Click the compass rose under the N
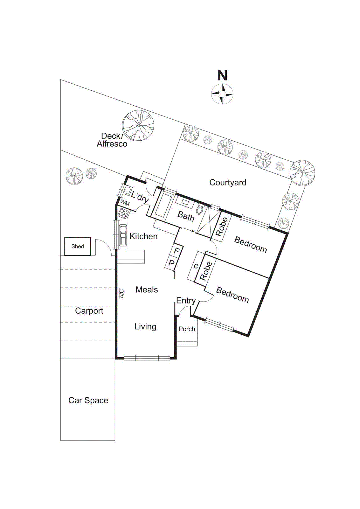222,94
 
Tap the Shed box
78,246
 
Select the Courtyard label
228,183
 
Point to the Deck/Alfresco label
112,140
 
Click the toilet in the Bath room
200,210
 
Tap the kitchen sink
123,235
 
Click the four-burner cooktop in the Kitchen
123,213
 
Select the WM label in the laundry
125,203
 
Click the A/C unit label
121,293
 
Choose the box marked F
177,251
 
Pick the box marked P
172,263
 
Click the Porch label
187,329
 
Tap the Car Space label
88,401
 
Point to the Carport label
89,311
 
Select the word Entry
186,301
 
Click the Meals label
147,290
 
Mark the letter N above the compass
222,75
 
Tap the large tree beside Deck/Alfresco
138,126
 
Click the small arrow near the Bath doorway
193,231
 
